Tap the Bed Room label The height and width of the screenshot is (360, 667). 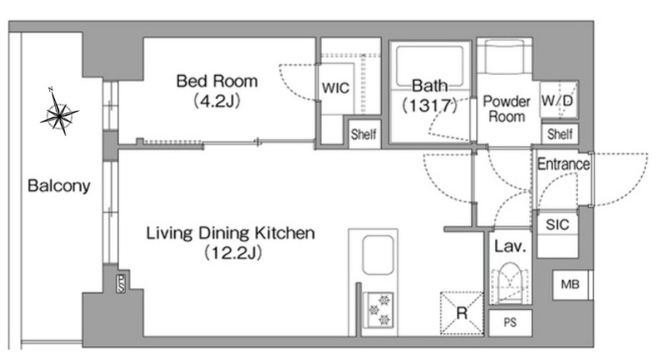[x=217, y=81]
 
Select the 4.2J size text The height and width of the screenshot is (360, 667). [x=217, y=101]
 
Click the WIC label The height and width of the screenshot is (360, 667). [x=336, y=88]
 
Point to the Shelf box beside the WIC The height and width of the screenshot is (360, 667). [x=364, y=134]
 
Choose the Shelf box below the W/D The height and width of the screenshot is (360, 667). [x=559, y=134]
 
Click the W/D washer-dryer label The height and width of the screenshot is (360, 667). [x=557, y=101]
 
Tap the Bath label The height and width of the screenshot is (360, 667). [x=429, y=86]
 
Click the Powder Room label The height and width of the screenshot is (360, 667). [x=506, y=109]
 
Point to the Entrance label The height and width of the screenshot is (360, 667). [x=564, y=163]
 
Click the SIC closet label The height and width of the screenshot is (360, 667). [x=557, y=224]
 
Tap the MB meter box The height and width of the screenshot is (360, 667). [x=570, y=285]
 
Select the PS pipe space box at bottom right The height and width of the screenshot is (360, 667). [x=510, y=322]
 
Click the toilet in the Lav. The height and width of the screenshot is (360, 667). [x=510, y=283]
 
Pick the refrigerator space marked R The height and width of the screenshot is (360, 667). [x=462, y=313]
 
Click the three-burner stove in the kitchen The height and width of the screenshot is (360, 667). [x=379, y=310]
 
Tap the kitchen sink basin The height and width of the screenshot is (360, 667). [x=378, y=255]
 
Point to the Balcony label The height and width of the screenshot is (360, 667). [x=58, y=186]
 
